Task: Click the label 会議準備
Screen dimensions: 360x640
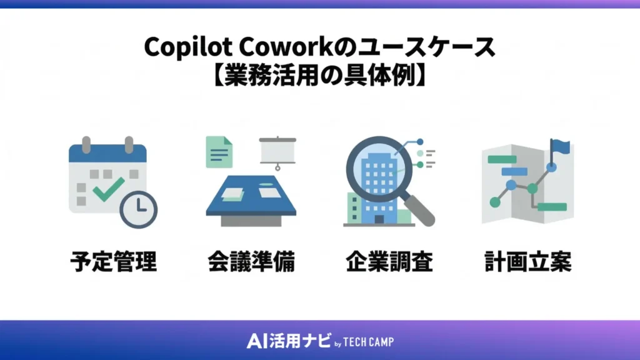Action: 251,262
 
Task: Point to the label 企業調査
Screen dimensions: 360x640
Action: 389,262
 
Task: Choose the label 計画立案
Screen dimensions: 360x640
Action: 527,262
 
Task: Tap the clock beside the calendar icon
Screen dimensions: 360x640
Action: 137,209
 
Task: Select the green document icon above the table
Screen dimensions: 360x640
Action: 219,152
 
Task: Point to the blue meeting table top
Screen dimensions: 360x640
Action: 250,194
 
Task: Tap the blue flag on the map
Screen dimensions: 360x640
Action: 561,147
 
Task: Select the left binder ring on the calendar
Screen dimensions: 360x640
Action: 87,144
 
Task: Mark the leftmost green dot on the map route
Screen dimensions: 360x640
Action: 496,202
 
